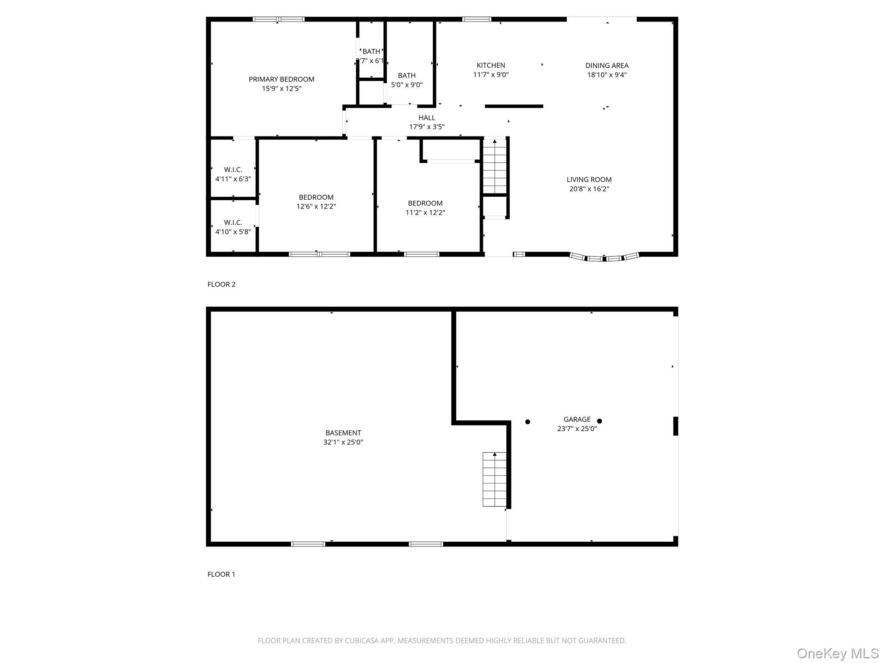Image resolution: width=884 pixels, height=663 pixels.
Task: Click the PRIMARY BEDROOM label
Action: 281,79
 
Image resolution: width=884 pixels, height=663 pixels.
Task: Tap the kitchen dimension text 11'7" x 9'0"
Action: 491,75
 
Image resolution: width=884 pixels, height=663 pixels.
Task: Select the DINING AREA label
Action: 606,66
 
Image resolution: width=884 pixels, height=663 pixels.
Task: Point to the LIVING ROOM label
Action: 589,180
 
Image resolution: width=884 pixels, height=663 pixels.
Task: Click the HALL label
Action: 426,118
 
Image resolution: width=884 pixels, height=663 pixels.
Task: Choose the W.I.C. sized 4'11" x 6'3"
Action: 233,174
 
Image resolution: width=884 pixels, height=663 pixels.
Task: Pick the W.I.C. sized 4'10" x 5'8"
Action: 233,227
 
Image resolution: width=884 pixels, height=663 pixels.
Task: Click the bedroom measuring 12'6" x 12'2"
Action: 316,202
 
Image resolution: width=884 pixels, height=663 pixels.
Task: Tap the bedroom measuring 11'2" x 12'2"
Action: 425,208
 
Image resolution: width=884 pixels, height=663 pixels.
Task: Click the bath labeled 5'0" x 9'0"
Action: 407,80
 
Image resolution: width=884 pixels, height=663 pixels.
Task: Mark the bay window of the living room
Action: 604,258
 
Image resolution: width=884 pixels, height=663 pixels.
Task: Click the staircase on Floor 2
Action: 494,166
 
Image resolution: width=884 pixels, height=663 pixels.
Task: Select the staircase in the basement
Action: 494,479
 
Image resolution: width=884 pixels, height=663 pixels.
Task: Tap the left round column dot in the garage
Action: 527,422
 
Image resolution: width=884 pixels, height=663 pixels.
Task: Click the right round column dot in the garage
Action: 599,421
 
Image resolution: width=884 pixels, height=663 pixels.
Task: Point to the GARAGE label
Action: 577,419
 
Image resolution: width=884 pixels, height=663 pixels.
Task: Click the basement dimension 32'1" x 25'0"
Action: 343,442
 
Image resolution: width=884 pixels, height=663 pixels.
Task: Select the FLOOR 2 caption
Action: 221,284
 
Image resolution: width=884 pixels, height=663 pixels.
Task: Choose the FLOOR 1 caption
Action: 221,574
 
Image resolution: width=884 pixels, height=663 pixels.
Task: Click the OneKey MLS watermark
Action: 837,653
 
